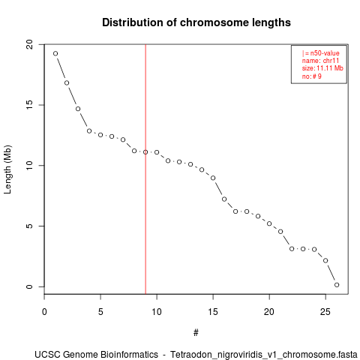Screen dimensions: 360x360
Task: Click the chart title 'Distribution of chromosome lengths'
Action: pos(196,22)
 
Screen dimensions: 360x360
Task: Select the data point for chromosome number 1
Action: pos(55,53)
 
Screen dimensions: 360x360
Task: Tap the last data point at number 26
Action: pos(337,285)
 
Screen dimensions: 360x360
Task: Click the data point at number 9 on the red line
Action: pos(145,152)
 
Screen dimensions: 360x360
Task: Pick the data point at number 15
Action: pos(213,178)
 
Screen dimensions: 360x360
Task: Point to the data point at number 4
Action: pos(89,131)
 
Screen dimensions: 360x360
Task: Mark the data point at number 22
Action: pos(292,249)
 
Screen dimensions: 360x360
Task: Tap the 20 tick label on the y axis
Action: pos(29,45)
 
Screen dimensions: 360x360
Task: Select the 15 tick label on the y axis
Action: pos(29,105)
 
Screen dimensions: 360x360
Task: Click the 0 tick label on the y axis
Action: pos(29,286)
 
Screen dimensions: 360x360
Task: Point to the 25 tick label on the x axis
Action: pos(325,312)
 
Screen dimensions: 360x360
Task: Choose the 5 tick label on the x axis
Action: pos(100,312)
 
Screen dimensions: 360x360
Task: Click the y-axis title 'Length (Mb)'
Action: pos(7,169)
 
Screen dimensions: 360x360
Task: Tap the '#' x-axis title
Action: pos(196,333)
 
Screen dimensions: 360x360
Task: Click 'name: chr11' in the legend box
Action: pos(320,61)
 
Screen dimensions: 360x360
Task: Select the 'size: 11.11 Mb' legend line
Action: pos(322,68)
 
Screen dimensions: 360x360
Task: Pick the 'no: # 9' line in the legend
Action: pos(312,76)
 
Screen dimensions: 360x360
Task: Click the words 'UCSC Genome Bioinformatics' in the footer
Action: pos(96,355)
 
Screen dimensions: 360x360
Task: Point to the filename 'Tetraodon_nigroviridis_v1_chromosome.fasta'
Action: pos(264,355)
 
